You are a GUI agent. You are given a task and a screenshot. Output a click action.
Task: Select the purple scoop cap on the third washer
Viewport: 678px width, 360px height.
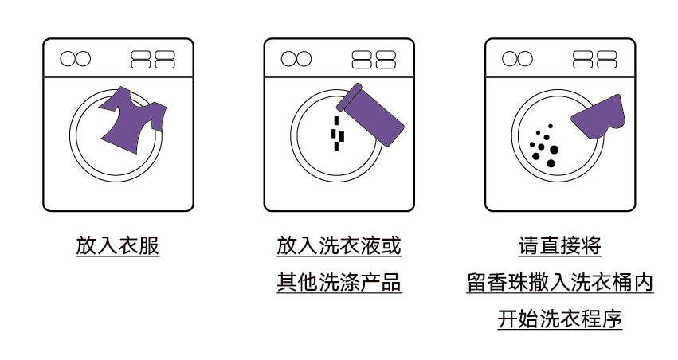pyautogui.click(x=598, y=117)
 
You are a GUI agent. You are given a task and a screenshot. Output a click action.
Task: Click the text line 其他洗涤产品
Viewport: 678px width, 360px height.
pyautogui.click(x=339, y=283)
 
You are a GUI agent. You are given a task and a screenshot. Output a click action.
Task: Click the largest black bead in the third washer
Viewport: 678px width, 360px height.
pyautogui.click(x=555, y=149)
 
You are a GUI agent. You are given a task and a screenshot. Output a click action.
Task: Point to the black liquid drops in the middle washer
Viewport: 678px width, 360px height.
pyautogui.click(x=338, y=133)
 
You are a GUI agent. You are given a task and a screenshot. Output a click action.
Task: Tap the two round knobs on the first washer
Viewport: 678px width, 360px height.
pyautogui.click(x=76, y=58)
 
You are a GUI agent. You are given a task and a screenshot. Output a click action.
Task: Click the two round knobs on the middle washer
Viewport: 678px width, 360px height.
pyautogui.click(x=297, y=58)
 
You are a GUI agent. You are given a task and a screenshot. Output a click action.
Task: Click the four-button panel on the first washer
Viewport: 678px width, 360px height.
pyautogui.click(x=153, y=59)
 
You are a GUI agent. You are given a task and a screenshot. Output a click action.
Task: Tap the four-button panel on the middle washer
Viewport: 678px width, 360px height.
pyautogui.click(x=374, y=59)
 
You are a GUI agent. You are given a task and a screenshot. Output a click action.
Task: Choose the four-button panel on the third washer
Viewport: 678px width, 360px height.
pyautogui.click(x=594, y=59)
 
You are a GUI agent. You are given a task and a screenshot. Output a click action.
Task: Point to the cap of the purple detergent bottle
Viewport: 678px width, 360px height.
pyautogui.click(x=351, y=96)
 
